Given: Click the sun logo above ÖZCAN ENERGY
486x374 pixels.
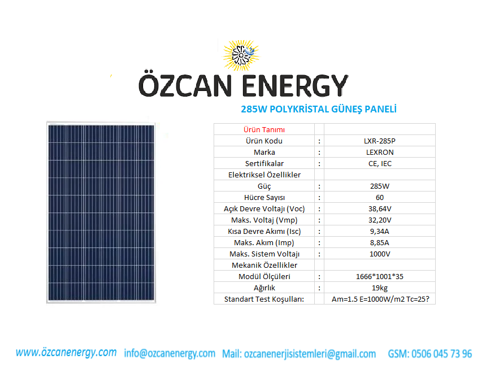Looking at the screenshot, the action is (x=241, y=55).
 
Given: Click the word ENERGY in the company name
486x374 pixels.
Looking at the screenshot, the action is (x=295, y=86).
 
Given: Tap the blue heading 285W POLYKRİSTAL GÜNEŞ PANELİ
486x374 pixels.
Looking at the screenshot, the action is (x=319, y=109).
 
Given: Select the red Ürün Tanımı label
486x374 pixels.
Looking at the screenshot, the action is (x=264, y=129).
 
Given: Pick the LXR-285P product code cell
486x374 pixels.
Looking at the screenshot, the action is (x=380, y=141).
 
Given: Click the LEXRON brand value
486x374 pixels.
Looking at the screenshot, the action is (x=380, y=152).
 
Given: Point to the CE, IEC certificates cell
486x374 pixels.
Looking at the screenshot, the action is (x=380, y=164).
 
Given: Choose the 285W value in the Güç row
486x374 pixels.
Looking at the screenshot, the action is (x=380, y=186).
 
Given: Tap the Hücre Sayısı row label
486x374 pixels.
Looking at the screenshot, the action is (x=264, y=197).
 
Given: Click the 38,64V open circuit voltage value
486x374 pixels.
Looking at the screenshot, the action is (x=380, y=209).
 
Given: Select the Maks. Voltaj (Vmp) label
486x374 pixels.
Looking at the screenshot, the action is (x=264, y=220).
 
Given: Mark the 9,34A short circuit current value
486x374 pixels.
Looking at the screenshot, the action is (x=380, y=232).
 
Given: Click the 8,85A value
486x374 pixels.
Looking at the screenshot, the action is (x=380, y=242).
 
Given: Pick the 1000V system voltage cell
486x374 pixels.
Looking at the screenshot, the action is (x=380, y=254).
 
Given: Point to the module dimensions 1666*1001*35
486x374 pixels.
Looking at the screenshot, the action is (x=380, y=276).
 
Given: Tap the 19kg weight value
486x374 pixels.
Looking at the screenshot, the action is (x=380, y=288).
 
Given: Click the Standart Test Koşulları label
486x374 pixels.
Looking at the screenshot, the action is (x=264, y=299).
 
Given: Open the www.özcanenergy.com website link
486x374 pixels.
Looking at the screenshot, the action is (x=66, y=353).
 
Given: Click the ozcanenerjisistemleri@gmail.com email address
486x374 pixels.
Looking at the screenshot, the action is (x=310, y=354).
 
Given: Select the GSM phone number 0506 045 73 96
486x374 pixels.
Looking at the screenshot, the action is (x=441, y=354).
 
